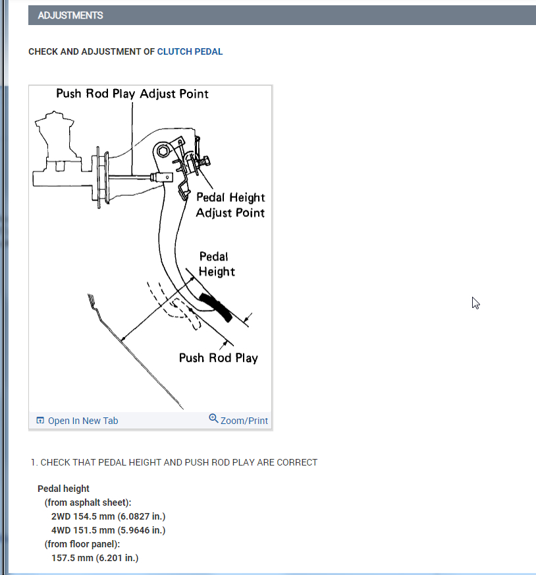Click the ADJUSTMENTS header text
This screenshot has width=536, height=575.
tap(70, 15)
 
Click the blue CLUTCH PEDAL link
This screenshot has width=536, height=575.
tap(190, 51)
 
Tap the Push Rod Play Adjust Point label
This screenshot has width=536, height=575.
tap(132, 94)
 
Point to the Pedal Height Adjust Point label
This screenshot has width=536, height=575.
tap(230, 205)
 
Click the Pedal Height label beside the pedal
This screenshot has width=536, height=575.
tap(216, 264)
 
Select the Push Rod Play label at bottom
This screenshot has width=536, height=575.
tap(218, 358)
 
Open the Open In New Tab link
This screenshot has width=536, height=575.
tap(83, 421)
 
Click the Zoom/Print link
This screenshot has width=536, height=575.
tap(244, 421)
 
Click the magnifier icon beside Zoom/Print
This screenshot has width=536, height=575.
tap(213, 418)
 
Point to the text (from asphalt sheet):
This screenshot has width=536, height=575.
tap(88, 502)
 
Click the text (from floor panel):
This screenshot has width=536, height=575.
tap(82, 544)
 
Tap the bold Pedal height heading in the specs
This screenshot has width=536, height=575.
tap(63, 489)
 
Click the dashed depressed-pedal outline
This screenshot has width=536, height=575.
tap(184, 314)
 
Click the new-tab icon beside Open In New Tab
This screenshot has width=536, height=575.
tap(40, 421)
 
